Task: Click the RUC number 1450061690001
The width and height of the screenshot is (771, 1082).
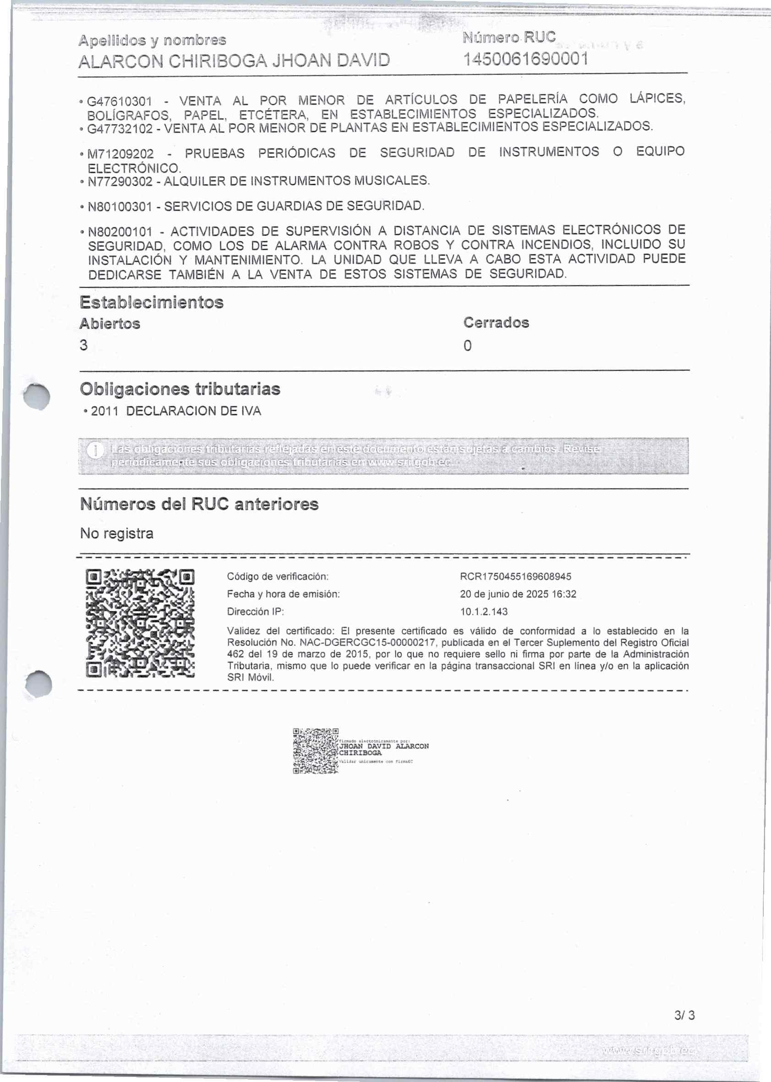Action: [525, 60]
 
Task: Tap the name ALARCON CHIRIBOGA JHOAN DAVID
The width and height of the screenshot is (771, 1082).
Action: [234, 61]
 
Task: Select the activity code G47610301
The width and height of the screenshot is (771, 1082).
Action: [120, 102]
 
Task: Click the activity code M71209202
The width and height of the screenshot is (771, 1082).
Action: [121, 154]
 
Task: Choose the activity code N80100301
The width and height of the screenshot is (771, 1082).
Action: [120, 207]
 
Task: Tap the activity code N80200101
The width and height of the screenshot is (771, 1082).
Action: [120, 232]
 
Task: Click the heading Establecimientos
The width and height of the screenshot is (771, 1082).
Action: [152, 302]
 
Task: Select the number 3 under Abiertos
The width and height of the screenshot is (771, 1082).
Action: [84, 345]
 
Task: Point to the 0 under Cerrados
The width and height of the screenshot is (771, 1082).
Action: [467, 346]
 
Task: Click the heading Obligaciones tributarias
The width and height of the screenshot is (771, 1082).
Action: [180, 389]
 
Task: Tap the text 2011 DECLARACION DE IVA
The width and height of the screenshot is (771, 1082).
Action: [175, 411]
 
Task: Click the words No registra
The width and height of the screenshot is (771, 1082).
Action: [117, 533]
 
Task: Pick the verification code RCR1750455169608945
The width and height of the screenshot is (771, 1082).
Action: [515, 577]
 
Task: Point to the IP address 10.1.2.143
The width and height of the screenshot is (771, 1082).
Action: [484, 612]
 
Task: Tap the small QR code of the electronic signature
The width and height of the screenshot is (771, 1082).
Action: [315, 751]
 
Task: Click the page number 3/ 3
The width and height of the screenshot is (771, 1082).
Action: [684, 1015]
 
